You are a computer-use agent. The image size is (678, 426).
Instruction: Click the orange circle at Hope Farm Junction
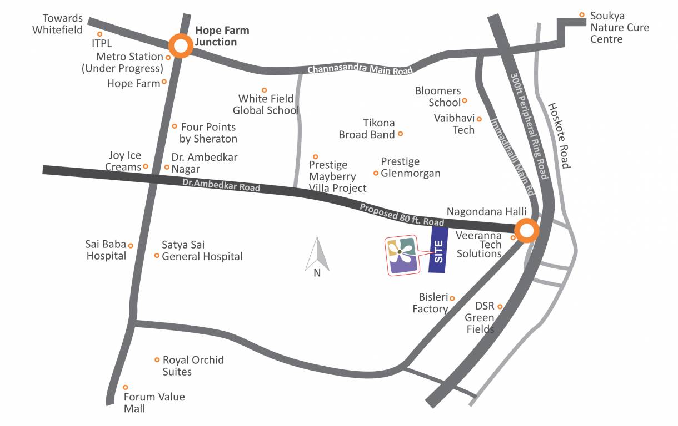[181, 46]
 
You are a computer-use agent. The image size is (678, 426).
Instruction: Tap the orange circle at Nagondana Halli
[526, 231]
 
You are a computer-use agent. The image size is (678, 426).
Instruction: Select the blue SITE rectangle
[438, 251]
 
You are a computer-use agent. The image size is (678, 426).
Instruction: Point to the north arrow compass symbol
[317, 255]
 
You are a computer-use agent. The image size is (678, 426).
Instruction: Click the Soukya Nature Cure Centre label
[619, 27]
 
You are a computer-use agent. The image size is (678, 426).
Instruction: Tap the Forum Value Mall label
[153, 403]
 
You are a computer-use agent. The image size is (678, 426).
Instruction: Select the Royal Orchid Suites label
[193, 366]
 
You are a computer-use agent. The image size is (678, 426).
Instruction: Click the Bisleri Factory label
[430, 303]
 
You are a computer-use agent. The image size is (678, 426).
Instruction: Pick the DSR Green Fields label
[480, 318]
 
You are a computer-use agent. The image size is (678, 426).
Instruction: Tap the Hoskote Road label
[559, 136]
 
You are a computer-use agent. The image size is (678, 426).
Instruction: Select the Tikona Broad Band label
[367, 129]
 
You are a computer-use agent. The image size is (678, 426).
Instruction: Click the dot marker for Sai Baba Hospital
[131, 245]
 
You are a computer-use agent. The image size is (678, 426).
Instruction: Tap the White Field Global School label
[266, 104]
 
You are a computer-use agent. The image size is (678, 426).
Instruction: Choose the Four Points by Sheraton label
[208, 133]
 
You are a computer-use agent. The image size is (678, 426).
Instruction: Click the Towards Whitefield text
[58, 24]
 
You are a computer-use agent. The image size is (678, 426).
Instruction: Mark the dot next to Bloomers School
[465, 100]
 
